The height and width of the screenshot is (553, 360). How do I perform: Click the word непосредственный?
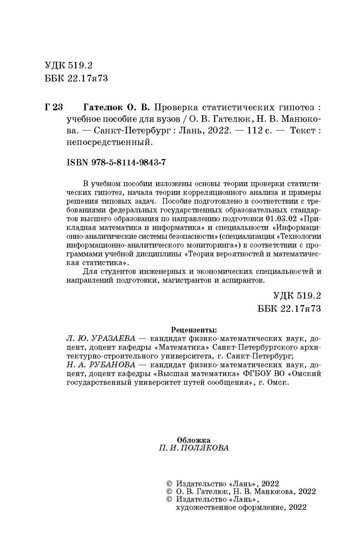click(110, 143)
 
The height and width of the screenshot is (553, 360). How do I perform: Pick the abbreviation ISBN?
click(77, 163)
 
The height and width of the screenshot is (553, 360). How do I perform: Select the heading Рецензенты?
click(193, 329)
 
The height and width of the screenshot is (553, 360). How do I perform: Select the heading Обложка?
click(193, 440)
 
